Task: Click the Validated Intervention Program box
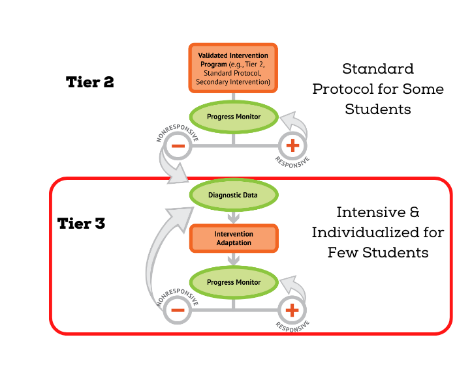(x=234, y=68)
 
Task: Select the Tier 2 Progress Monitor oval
(x=234, y=117)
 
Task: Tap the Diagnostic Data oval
(x=234, y=195)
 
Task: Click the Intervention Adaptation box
(x=234, y=239)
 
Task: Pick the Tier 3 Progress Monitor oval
(x=234, y=282)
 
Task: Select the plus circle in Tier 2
(x=292, y=146)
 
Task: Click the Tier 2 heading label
(x=90, y=82)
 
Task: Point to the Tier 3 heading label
(x=81, y=224)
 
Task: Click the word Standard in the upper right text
(x=377, y=69)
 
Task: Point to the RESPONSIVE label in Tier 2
(x=292, y=161)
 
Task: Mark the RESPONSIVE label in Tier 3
(x=292, y=325)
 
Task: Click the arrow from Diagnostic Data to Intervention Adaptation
(x=234, y=216)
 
